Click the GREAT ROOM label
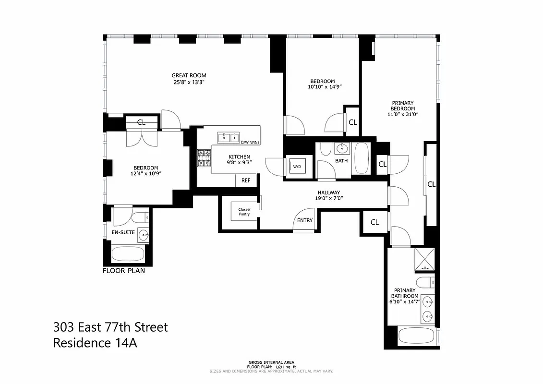(x=189, y=75)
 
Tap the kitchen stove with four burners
(x=204, y=158)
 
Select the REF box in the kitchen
(x=246, y=180)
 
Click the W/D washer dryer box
(x=297, y=167)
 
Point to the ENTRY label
(x=305, y=220)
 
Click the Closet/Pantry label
(x=244, y=211)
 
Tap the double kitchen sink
(x=229, y=138)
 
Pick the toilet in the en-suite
(x=141, y=217)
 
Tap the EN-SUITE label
(x=123, y=232)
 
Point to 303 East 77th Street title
(x=110, y=327)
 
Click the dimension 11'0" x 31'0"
(x=403, y=115)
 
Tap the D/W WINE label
(x=250, y=143)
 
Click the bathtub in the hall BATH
(x=361, y=158)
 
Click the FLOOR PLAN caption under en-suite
(x=123, y=271)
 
